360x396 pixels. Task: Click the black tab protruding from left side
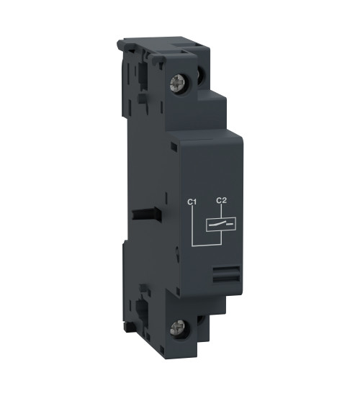[x=148, y=214]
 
